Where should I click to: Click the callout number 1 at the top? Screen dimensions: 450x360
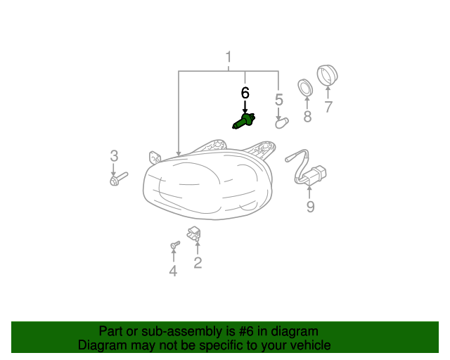229,57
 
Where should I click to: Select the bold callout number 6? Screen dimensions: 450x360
245,93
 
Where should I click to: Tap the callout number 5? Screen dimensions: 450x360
278,100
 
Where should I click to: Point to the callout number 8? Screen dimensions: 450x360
307,117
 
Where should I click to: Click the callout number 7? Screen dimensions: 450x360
328,107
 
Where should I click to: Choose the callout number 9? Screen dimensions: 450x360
310,207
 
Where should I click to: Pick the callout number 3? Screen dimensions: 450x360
114,156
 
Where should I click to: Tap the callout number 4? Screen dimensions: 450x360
173,271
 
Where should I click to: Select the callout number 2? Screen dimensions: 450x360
198,263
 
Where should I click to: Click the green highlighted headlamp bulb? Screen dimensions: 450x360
243,121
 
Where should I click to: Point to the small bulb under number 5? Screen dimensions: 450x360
281,123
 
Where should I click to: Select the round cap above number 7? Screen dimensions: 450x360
328,75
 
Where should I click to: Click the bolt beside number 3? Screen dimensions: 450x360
119,179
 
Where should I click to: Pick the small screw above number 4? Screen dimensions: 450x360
175,245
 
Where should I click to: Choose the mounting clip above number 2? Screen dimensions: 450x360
194,233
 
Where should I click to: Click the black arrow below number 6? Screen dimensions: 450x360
245,107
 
